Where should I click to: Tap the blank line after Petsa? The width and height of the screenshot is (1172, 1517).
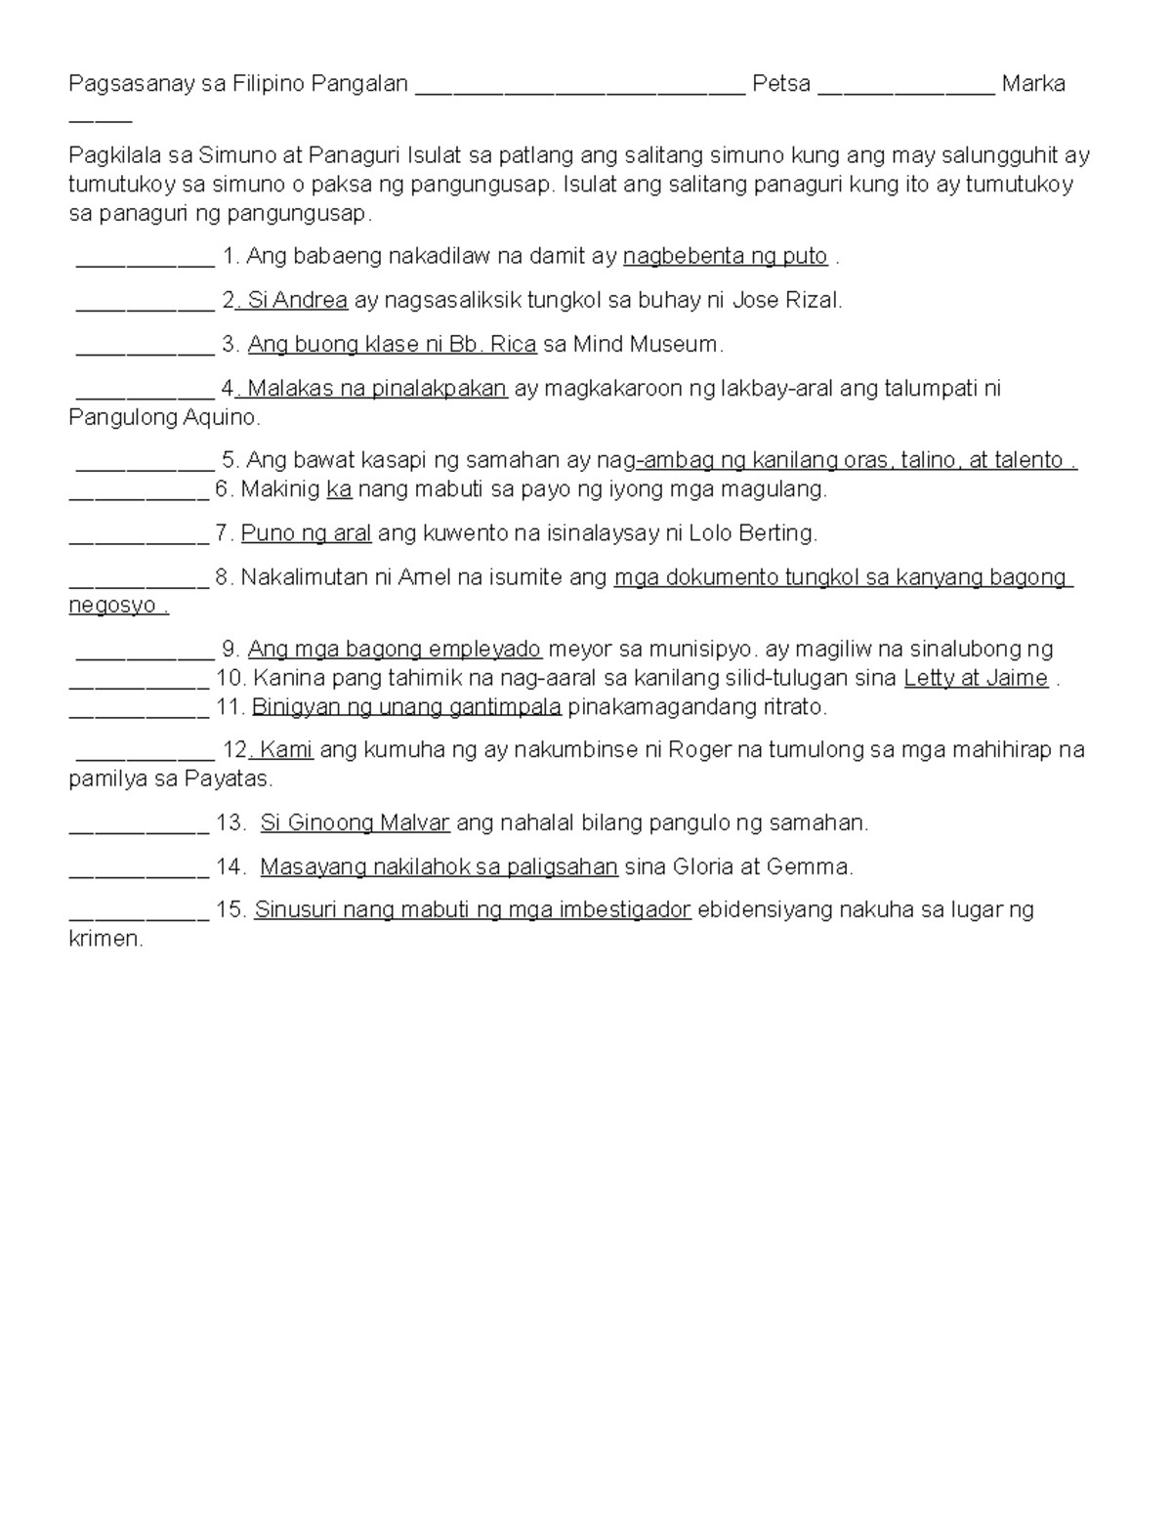tap(906, 88)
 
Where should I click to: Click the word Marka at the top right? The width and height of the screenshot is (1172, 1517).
tap(1033, 84)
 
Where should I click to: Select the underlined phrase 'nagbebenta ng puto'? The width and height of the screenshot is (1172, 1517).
tap(726, 257)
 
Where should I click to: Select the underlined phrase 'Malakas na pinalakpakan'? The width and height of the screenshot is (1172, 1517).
tap(377, 389)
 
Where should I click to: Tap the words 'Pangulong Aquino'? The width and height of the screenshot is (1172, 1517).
tap(163, 418)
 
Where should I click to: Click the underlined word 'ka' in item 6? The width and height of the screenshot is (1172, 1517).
tap(339, 489)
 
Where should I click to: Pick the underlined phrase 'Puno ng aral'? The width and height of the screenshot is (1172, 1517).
tap(306, 533)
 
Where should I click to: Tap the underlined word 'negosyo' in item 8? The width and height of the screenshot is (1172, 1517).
tap(113, 606)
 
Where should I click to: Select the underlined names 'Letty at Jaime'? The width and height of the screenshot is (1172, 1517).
tap(976, 678)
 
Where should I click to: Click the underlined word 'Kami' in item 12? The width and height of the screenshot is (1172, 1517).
tap(286, 750)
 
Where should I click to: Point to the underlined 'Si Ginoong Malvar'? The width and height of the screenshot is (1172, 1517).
tap(355, 823)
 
